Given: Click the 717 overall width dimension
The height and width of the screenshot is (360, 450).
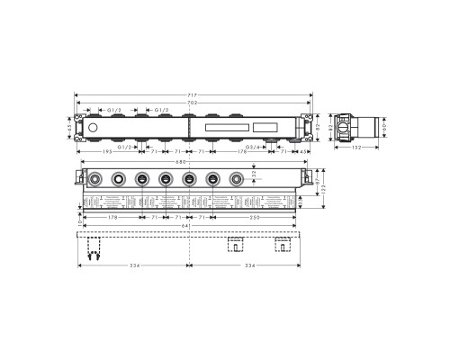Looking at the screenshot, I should [193, 94].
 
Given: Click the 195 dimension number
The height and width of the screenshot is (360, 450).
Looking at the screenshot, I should [107, 153].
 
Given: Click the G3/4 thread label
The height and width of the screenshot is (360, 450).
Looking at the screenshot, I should [253, 145].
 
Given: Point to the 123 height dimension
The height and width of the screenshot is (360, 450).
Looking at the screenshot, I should [321, 190].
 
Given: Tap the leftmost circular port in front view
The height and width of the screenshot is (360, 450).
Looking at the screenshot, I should [94, 181].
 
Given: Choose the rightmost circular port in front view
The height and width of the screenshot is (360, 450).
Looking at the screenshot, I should [237, 181].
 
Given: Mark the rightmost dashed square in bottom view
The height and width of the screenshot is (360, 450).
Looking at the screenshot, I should [283, 244].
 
